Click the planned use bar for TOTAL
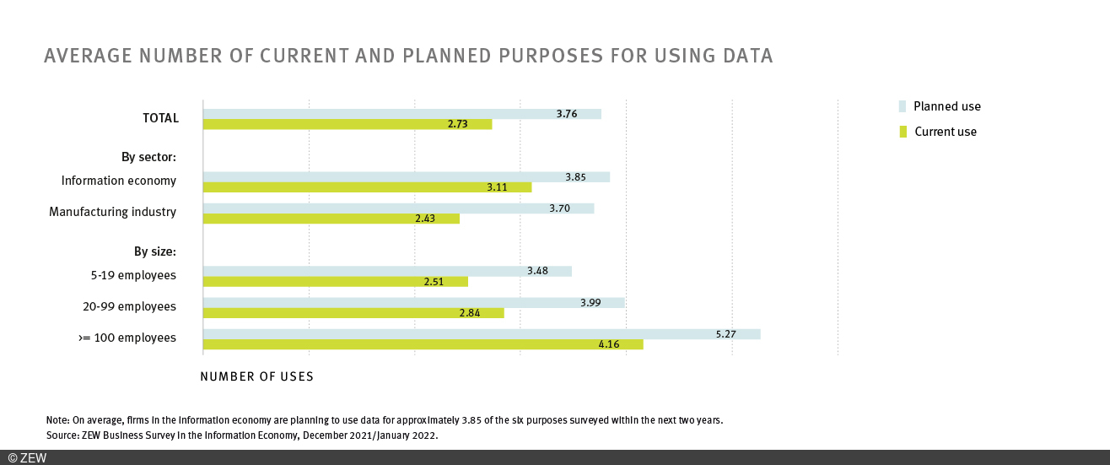401,114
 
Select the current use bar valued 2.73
347,124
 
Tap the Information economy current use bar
367,187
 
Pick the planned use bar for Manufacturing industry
398,208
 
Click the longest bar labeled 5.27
481,334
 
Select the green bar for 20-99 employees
353,313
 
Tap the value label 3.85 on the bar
577,177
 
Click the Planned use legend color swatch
903,106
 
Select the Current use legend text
946,132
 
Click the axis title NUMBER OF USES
256,376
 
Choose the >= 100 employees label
127,338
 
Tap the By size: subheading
154,251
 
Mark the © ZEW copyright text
27,457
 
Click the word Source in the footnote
61,435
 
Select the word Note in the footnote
57,419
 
